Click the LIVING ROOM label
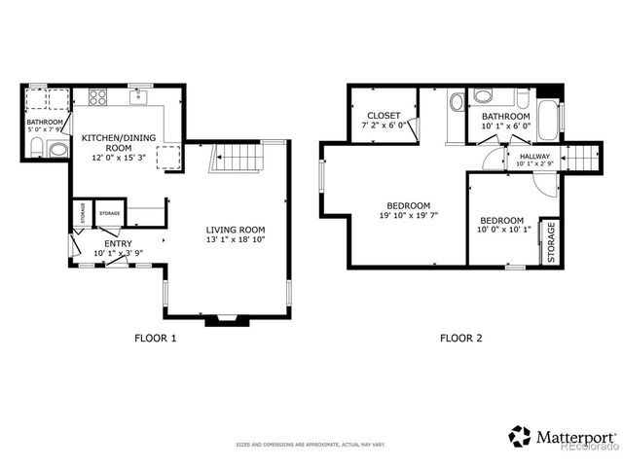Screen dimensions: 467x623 click(x=235, y=230)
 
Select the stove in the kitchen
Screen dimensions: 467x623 click(x=98, y=97)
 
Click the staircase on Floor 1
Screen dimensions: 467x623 click(x=238, y=156)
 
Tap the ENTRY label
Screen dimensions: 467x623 click(x=118, y=243)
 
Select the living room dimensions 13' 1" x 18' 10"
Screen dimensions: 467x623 click(x=235, y=239)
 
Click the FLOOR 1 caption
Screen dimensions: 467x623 click(x=155, y=339)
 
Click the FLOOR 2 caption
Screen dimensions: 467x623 click(x=460, y=339)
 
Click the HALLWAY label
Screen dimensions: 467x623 click(x=534, y=157)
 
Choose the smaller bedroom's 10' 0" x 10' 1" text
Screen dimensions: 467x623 click(x=502, y=231)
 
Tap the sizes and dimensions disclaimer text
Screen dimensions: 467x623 click(x=311, y=445)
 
